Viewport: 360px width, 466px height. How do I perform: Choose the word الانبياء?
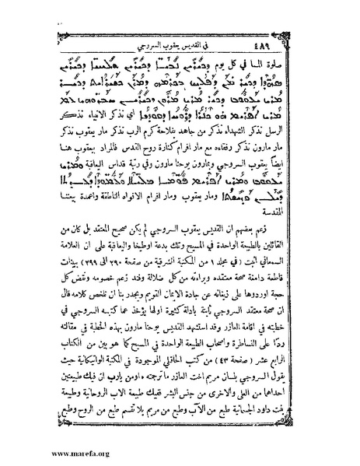79,115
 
